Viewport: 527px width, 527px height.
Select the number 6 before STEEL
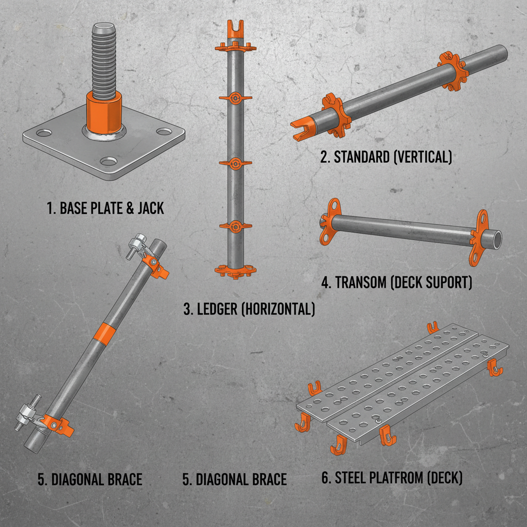coord(325,478)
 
